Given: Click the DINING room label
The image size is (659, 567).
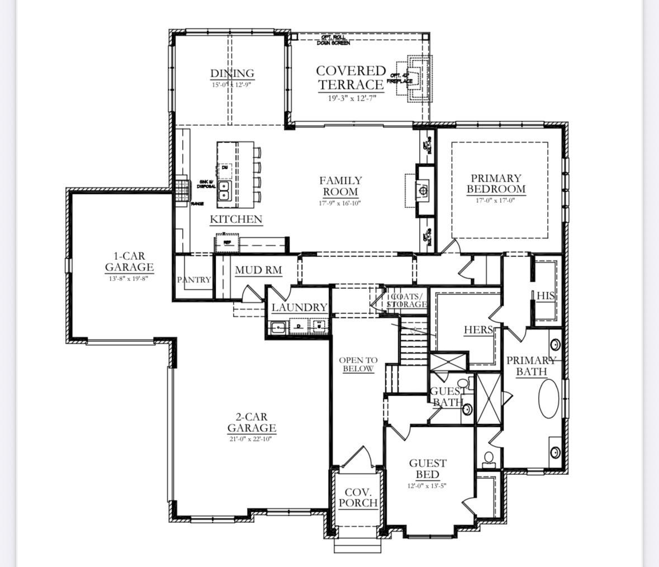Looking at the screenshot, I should [232, 73].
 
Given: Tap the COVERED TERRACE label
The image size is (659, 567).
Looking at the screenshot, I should [351, 78].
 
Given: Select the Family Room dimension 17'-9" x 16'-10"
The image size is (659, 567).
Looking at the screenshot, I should [340, 203].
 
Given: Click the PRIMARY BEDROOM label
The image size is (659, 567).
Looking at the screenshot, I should [496, 183].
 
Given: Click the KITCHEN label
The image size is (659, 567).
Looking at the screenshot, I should [236, 220].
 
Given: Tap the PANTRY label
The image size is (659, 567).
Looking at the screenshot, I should [194, 280].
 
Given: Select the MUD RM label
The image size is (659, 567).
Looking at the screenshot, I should [258, 270].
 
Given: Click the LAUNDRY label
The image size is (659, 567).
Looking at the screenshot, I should [299, 307].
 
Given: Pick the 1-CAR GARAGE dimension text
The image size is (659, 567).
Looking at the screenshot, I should [129, 278].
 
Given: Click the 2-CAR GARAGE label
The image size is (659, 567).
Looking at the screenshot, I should [252, 422].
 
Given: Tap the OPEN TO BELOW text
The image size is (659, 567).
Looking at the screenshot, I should [358, 364].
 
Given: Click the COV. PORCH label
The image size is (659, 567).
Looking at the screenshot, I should [358, 497].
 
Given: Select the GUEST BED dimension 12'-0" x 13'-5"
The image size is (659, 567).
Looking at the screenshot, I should [427, 486].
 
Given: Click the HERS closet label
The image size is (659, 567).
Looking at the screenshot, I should [478, 330].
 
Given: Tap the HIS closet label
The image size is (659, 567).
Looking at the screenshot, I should [546, 296].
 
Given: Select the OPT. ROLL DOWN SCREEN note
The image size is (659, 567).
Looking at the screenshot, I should [333, 40].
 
